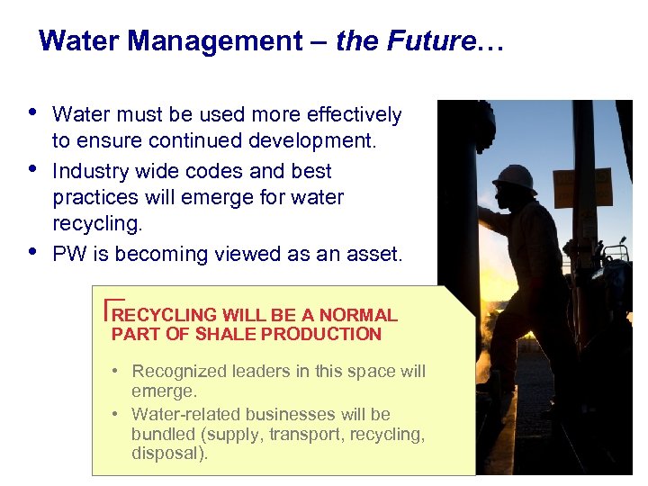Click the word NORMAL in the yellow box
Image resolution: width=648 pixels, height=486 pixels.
click(357, 315)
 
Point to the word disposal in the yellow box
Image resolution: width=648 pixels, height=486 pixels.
click(166, 453)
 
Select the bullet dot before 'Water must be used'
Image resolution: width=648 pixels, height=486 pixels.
click(32, 112)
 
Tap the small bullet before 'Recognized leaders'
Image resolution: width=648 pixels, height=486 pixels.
click(117, 372)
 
